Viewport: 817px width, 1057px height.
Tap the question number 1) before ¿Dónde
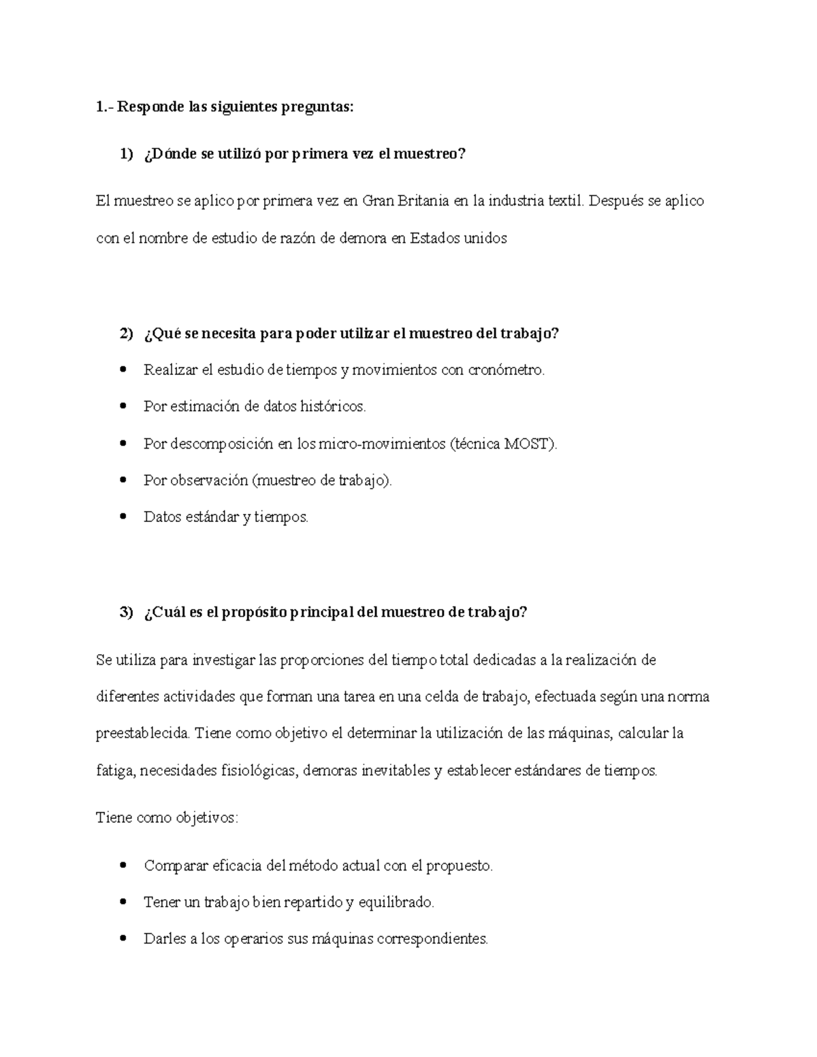127,155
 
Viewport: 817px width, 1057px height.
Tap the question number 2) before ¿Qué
127,334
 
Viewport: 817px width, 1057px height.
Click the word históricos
332,407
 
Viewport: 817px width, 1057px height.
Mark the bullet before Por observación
123,481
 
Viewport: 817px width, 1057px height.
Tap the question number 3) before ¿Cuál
127,612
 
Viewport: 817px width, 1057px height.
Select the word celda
440,697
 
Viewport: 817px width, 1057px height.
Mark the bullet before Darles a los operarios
123,939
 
